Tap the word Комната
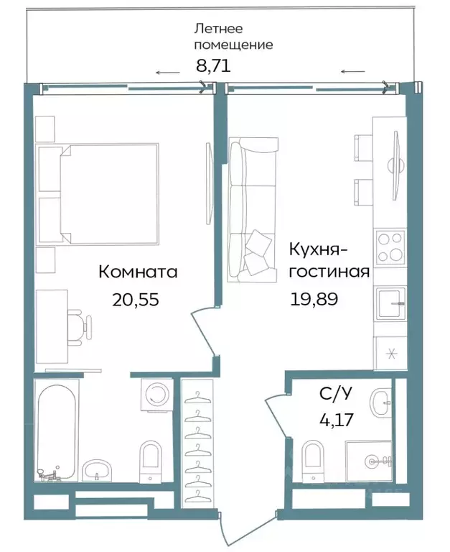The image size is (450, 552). point(137,272)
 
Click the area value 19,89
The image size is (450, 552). point(314,298)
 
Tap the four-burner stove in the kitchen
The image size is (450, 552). point(390,247)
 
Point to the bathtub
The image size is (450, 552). point(55,432)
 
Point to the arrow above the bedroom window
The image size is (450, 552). point(168,73)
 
